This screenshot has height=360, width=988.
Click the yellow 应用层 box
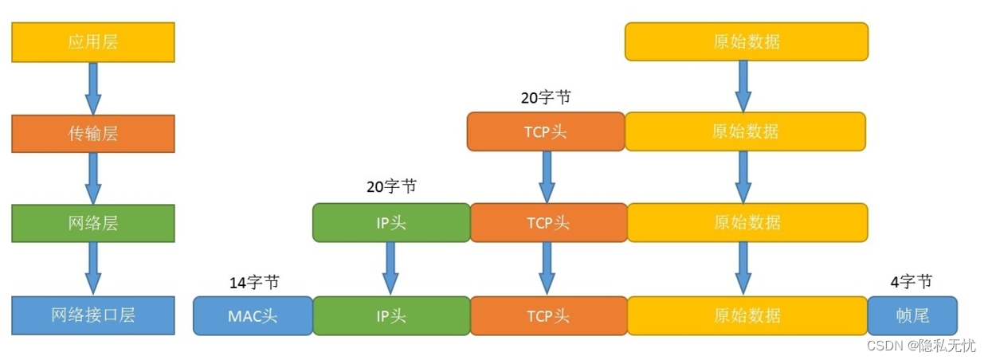click(x=92, y=42)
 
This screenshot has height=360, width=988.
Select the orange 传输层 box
click(x=92, y=133)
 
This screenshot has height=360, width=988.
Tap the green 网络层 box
click(x=92, y=223)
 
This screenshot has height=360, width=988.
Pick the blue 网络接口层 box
click(x=92, y=315)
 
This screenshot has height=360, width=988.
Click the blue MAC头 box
click(x=253, y=315)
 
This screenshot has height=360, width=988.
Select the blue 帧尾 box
click(x=912, y=315)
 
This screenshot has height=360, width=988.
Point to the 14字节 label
click(x=254, y=282)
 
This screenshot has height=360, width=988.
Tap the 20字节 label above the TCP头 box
click(x=546, y=97)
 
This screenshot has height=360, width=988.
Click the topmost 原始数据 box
click(x=746, y=41)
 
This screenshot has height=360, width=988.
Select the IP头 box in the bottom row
click(x=390, y=315)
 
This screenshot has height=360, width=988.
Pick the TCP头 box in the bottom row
click(x=548, y=315)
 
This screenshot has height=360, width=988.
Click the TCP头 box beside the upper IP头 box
click(x=548, y=223)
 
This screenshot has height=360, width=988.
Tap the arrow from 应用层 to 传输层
click(x=93, y=88)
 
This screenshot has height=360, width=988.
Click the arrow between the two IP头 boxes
click(x=390, y=268)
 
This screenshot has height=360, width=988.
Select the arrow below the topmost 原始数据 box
click(x=743, y=86)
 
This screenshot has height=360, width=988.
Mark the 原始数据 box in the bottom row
click(x=747, y=315)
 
